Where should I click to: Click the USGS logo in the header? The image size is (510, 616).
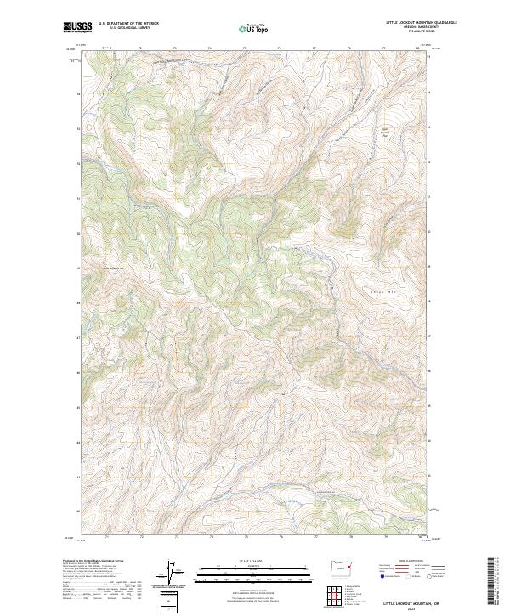(x=78, y=27)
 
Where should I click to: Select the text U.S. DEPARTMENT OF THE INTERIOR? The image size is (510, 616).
(x=128, y=23)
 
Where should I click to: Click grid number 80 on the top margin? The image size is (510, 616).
(x=418, y=48)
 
